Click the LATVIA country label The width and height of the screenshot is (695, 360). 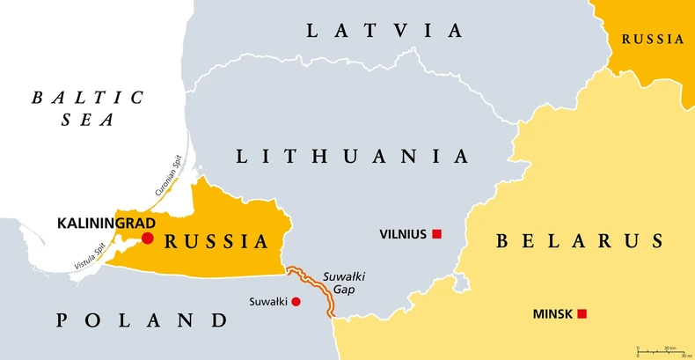384,31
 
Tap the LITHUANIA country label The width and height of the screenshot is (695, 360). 352,157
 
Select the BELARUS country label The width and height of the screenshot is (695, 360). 580,240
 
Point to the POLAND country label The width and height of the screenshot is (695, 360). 142,320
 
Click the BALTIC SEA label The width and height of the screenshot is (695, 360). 87,108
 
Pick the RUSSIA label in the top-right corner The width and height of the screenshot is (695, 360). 652,39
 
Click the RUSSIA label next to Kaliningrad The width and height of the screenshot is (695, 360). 216,241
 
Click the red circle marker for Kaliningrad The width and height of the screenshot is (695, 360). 148,239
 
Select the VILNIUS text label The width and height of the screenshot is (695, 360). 403,234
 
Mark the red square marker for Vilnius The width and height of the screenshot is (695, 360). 436,234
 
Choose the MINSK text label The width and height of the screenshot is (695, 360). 552,313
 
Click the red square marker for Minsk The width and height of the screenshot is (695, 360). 582,313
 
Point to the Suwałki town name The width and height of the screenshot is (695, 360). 267,302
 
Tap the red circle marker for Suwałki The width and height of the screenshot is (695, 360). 296,302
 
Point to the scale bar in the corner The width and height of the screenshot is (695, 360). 661,350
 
